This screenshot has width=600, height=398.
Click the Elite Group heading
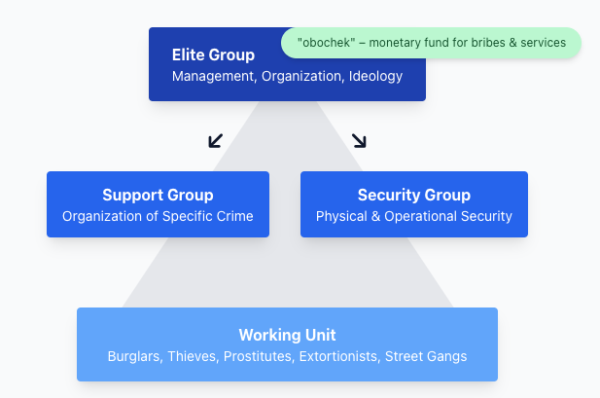point(213,55)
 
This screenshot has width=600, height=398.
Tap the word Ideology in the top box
point(375,76)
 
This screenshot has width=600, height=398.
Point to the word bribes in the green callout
point(476,43)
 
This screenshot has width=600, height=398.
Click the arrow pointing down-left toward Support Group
point(216,141)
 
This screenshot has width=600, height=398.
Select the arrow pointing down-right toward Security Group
point(359,141)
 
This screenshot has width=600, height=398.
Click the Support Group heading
point(158,195)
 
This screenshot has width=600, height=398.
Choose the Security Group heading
point(413,195)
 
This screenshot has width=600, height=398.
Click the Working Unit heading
point(287,335)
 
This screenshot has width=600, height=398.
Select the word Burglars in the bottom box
point(133,356)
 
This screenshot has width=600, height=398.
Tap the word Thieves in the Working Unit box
point(192,356)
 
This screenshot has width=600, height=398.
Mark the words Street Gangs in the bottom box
point(426,356)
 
